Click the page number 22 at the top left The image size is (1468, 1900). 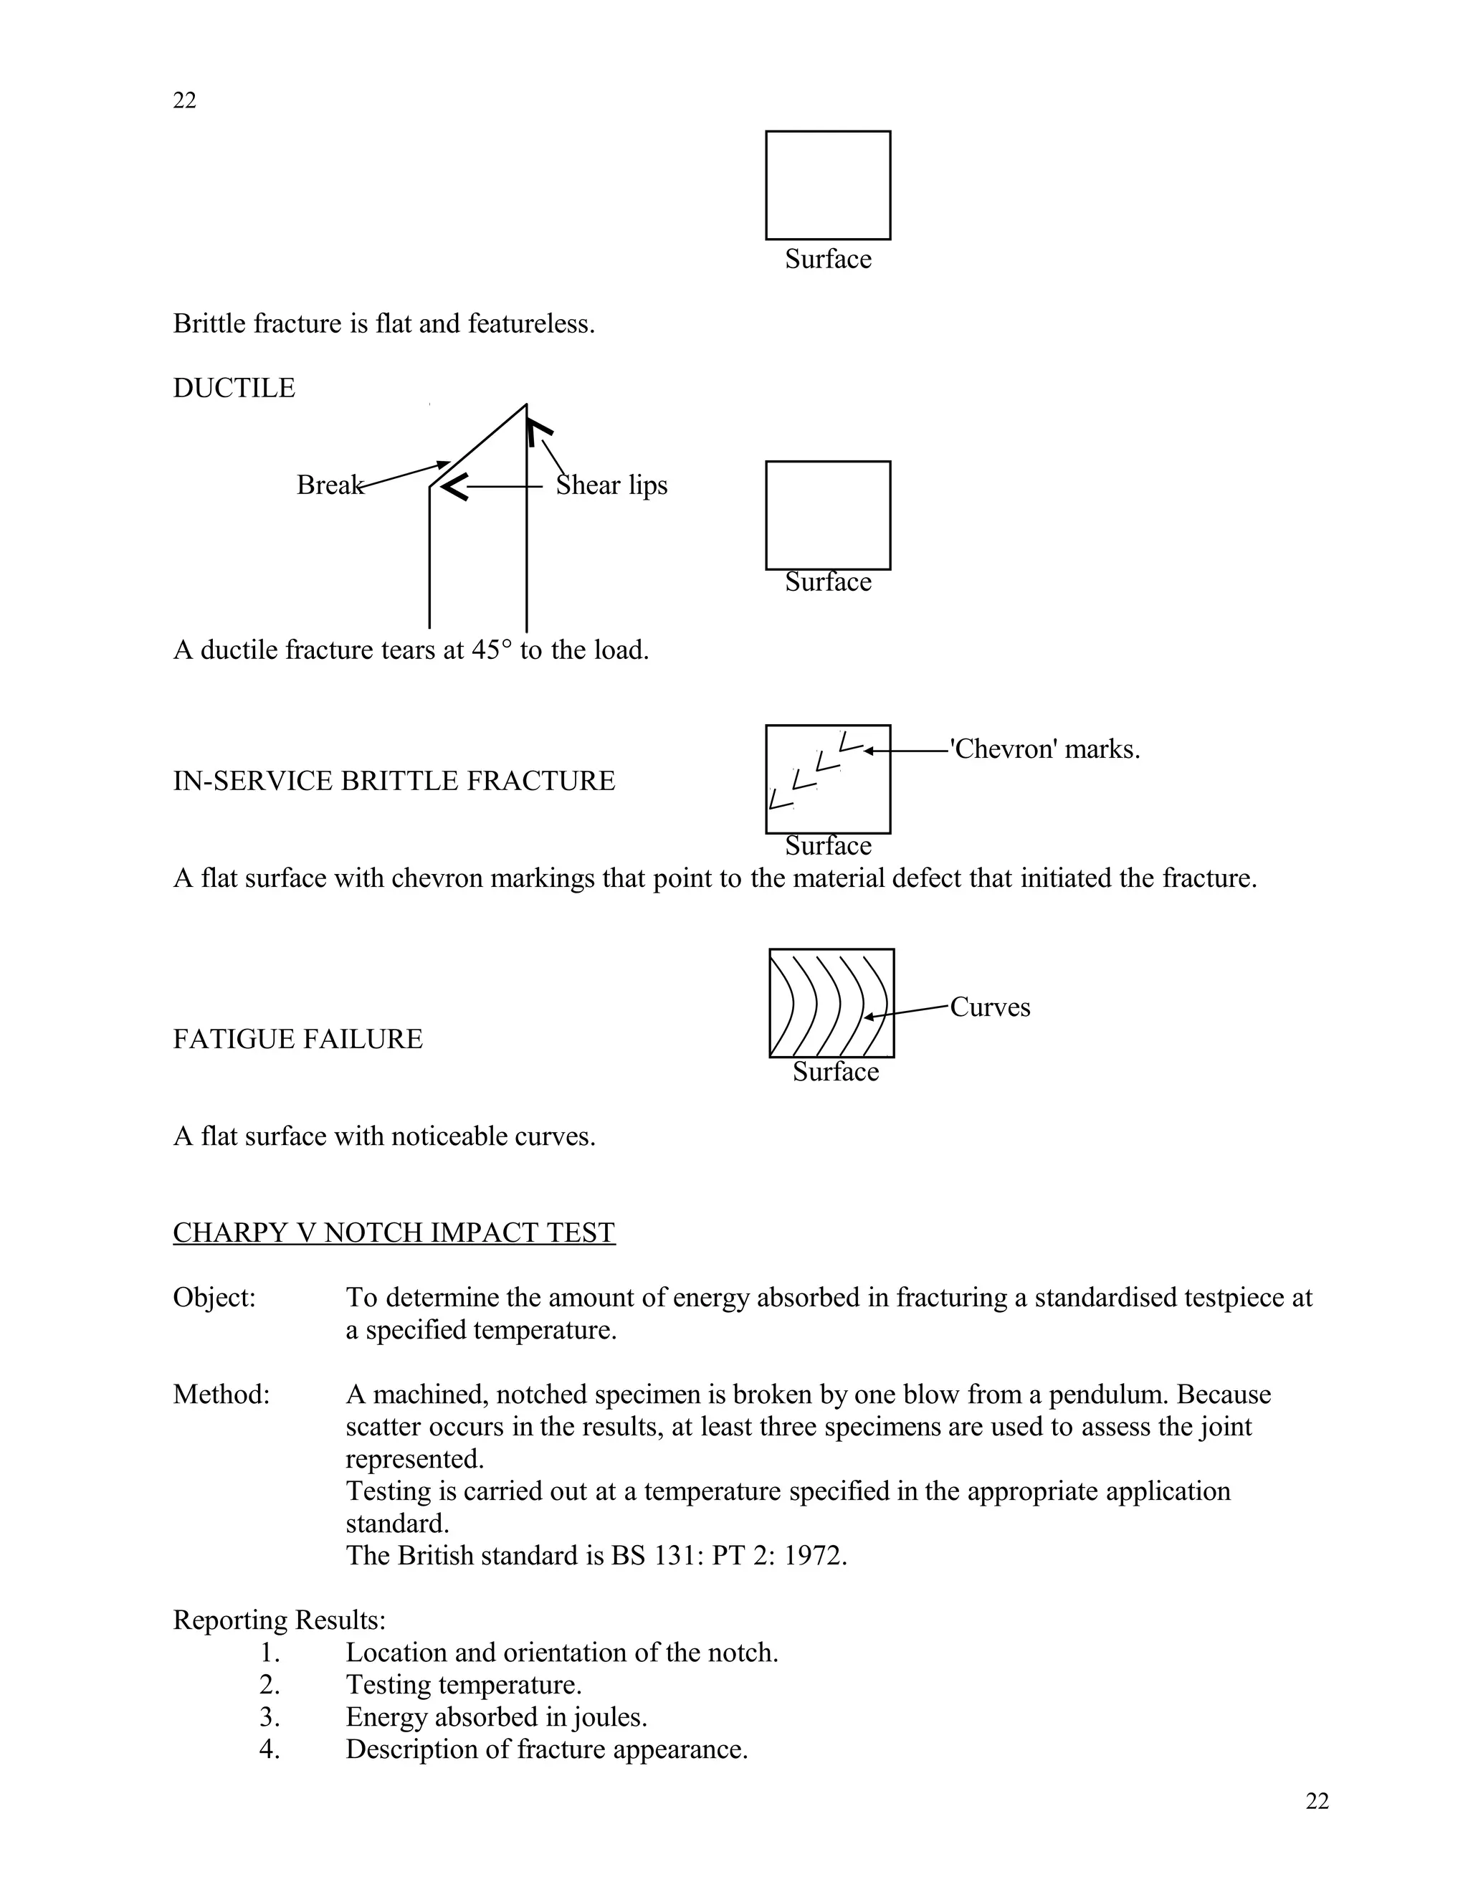pos(184,101)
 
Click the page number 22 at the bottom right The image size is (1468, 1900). pos(1317,1801)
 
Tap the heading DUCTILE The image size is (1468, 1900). pos(234,388)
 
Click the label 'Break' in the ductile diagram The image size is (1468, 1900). pos(329,485)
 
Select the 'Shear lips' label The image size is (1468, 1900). pos(611,485)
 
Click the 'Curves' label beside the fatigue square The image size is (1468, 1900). pos(990,1007)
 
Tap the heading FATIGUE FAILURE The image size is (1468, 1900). pos(297,1039)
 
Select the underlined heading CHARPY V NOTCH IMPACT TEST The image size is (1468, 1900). pos(394,1232)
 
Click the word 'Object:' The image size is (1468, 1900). pos(214,1297)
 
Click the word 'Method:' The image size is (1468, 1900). pos(221,1395)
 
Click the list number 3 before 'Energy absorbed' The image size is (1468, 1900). pos(270,1717)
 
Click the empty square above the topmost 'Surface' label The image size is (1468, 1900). pos(827,185)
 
